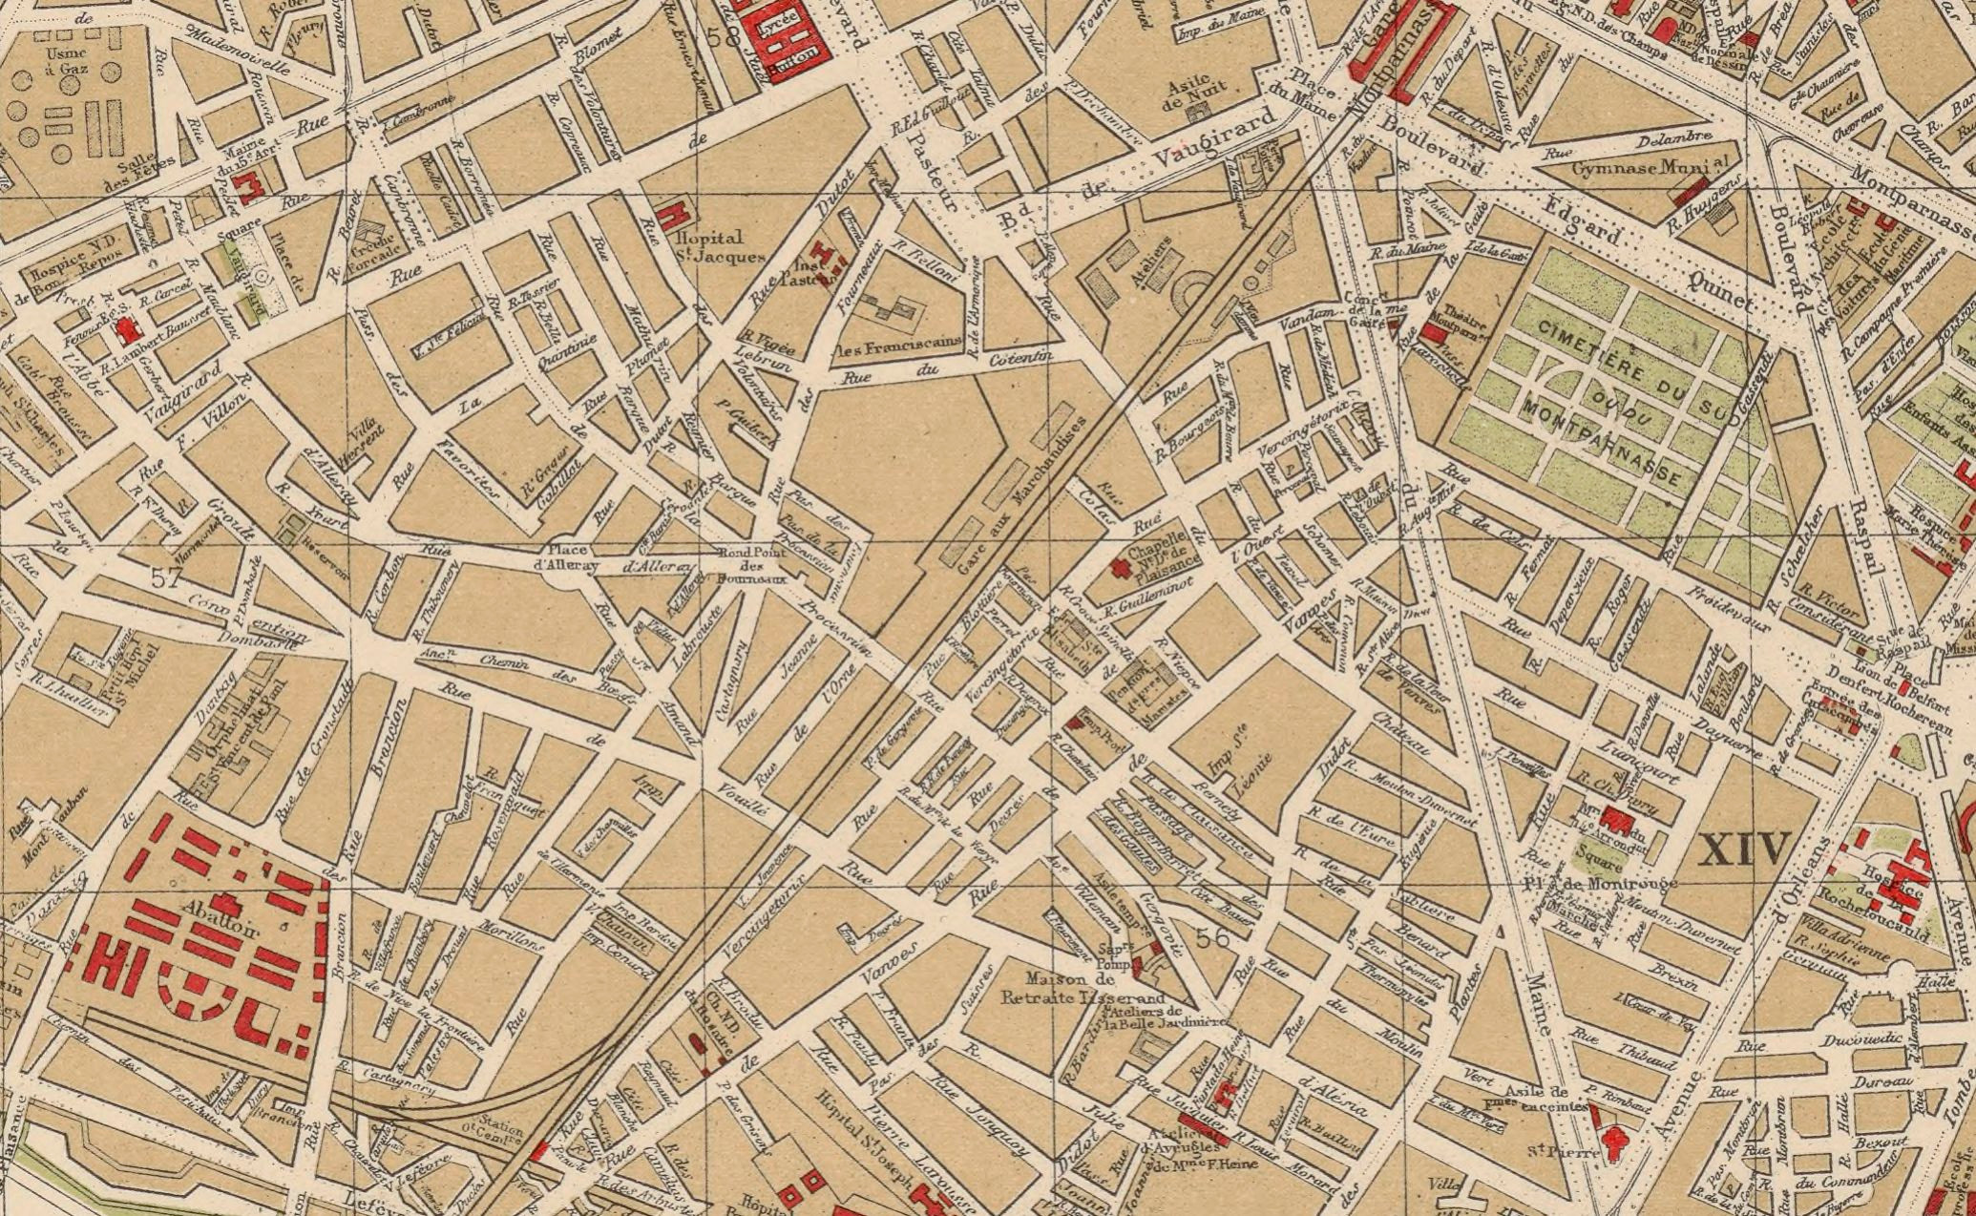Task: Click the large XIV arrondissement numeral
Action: (1744, 849)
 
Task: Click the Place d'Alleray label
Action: (573, 557)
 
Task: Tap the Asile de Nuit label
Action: (1188, 92)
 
